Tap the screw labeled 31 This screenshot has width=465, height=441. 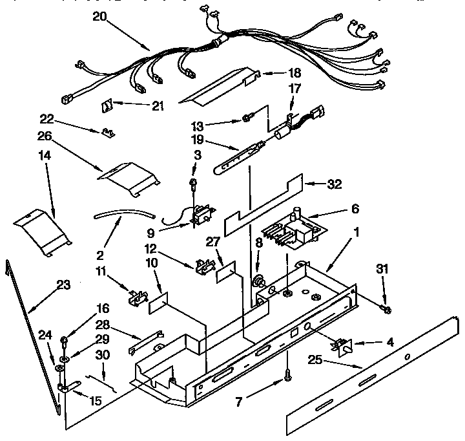click(386, 310)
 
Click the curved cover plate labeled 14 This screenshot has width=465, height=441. click(43, 231)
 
